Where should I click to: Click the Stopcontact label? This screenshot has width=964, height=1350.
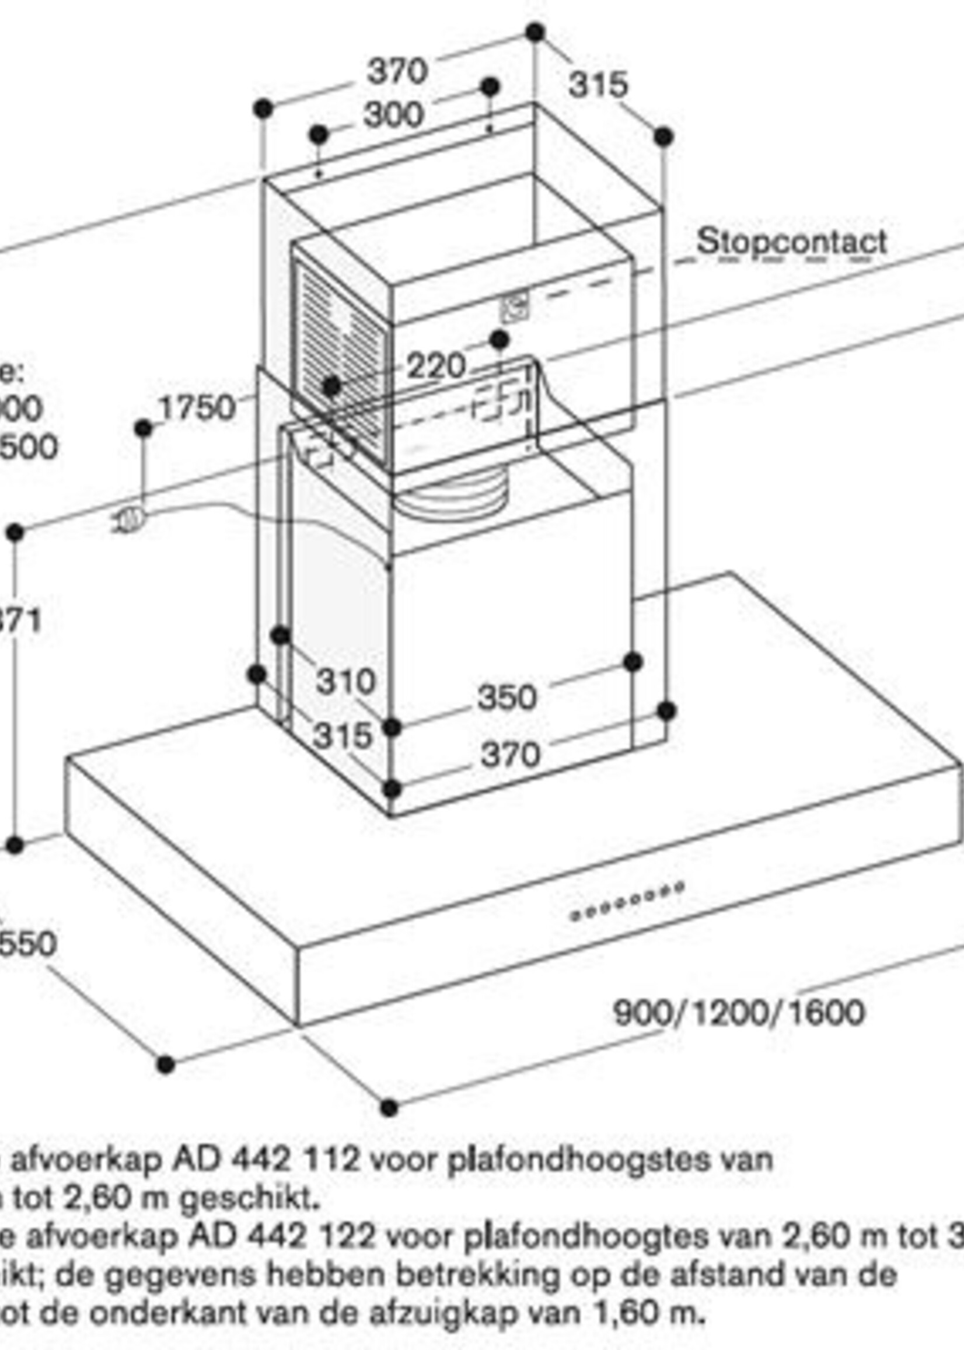point(791,242)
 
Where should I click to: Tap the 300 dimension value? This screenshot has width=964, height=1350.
point(393,114)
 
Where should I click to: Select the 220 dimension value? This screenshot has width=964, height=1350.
point(436,366)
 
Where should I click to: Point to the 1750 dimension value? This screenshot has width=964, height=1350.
point(197,408)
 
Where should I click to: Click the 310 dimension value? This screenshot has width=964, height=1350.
point(345,681)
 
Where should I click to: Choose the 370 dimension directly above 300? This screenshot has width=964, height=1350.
point(397,71)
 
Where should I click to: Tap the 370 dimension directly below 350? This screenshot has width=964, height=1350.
point(511,755)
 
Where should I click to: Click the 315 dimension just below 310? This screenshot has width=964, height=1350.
point(343,735)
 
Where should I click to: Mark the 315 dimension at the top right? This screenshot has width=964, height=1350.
point(597,84)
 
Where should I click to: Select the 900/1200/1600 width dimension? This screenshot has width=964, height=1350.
point(738,1012)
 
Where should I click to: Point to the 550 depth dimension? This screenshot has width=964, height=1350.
point(27,943)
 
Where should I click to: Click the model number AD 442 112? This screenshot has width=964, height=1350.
point(266,1159)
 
